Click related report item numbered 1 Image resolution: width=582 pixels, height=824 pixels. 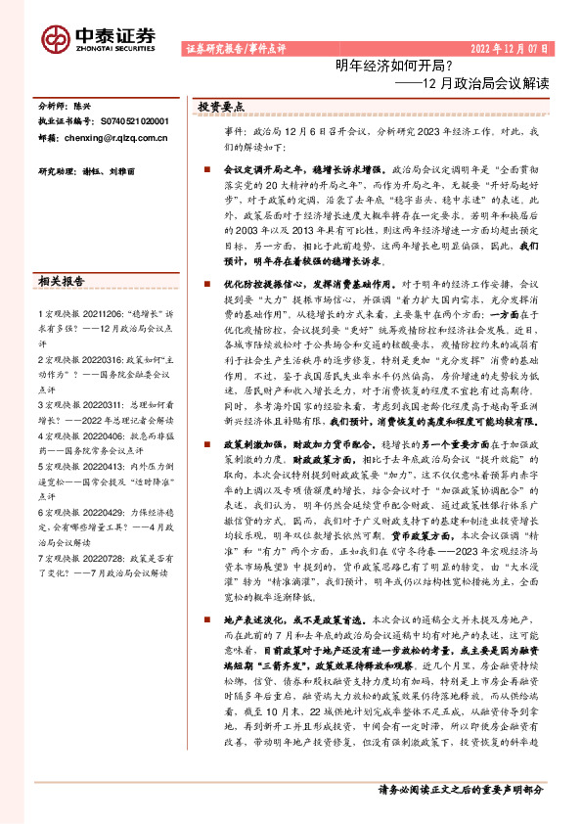click(102, 315)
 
